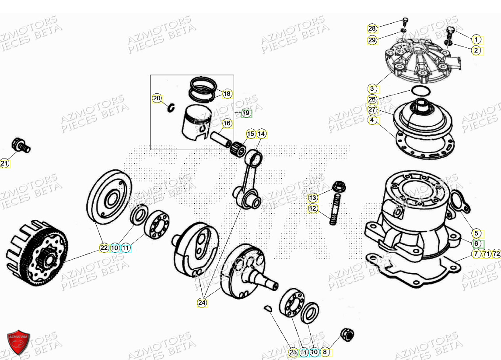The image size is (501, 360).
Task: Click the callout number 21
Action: [4, 164]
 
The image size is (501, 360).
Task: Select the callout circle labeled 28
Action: [372, 29]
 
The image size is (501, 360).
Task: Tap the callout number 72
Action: [496, 254]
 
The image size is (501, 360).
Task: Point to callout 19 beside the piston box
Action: [246, 113]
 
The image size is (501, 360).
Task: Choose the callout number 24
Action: [202, 302]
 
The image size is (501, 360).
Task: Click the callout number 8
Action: [324, 352]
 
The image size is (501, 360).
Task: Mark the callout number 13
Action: [313, 197]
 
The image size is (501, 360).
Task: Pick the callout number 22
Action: [103, 248]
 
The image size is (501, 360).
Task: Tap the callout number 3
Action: [372, 88]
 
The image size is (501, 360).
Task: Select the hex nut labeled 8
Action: [348, 335]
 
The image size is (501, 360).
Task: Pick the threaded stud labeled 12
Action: [334, 212]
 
